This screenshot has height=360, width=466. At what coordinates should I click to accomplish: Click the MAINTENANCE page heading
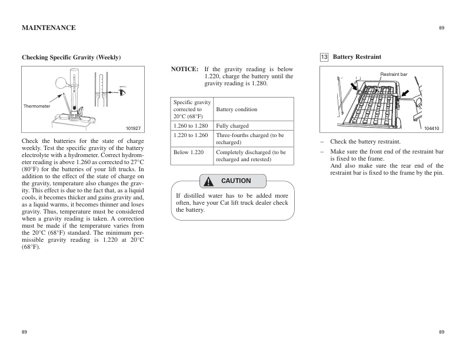48,28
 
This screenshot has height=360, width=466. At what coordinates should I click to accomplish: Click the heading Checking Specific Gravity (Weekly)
71,57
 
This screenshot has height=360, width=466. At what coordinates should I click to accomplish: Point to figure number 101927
134,128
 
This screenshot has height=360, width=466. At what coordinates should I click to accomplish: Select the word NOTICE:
184,69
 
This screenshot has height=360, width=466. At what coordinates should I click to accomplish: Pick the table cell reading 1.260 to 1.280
191,126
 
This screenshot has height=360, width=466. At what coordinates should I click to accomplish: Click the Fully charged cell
232,126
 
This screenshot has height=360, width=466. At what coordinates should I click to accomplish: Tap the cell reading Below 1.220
189,152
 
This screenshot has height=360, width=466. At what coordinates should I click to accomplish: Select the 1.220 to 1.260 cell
191,135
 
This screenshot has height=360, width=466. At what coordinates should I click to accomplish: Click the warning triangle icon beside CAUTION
208,181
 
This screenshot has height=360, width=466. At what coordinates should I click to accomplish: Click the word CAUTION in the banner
235,181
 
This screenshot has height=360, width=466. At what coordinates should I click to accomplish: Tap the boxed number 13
324,57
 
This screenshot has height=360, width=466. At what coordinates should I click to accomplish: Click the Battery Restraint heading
357,57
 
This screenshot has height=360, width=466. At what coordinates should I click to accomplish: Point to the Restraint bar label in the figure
394,75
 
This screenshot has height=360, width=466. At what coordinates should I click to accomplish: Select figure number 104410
432,128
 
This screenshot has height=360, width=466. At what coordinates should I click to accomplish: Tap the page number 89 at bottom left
24,332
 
